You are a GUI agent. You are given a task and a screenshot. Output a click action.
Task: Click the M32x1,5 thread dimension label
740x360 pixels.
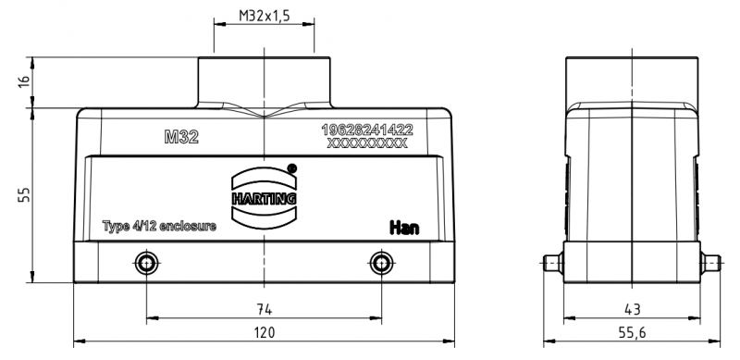click(264, 16)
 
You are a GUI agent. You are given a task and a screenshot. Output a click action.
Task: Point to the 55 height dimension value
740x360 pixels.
click(24, 194)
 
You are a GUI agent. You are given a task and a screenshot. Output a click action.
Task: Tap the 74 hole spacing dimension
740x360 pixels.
click(265, 309)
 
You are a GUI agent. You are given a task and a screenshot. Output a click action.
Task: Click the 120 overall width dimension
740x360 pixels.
click(265, 332)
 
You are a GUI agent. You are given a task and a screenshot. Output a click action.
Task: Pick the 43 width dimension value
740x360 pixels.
click(632, 309)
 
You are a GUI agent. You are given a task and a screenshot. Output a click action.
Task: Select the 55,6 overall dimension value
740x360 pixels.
click(632, 332)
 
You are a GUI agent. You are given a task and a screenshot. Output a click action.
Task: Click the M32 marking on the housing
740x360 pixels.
click(181, 137)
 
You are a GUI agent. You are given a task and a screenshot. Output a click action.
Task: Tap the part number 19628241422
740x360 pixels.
click(367, 130)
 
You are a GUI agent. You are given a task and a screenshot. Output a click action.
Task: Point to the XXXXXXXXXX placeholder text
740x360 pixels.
click(367, 143)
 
